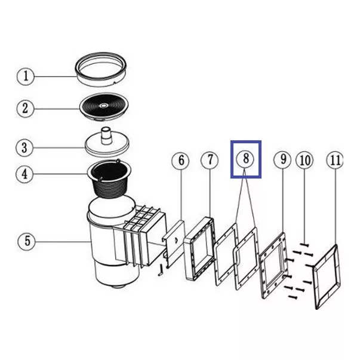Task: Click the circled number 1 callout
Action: click(x=26, y=76)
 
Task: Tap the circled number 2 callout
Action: click(x=26, y=109)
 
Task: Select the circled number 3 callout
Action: click(x=26, y=147)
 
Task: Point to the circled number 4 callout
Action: click(x=26, y=175)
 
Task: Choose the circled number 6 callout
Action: click(x=181, y=161)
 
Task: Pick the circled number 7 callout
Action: click(x=210, y=160)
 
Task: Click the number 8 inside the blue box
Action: click(x=246, y=159)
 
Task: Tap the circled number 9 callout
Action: click(x=283, y=160)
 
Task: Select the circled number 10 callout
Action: click(x=305, y=160)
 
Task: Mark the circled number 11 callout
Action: click(x=336, y=160)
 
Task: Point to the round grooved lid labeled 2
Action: click(x=104, y=106)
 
